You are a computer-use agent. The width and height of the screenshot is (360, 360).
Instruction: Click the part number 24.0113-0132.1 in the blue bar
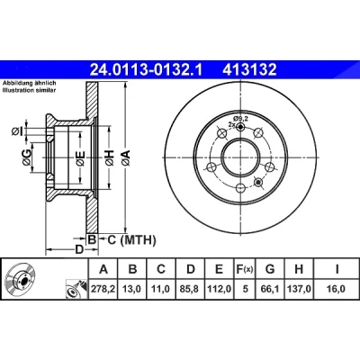point(147,70)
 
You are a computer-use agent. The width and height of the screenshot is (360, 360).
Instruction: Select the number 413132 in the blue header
point(249,70)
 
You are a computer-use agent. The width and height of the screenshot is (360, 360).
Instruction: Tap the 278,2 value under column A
point(103,289)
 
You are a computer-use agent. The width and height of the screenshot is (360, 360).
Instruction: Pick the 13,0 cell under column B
point(132,289)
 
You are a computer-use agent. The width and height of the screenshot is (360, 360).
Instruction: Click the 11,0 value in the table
point(161,289)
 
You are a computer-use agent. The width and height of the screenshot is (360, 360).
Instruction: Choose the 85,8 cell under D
point(190,289)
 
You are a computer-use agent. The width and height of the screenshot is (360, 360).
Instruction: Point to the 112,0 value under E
point(219,289)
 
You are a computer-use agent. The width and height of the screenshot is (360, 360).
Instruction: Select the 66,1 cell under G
point(270,289)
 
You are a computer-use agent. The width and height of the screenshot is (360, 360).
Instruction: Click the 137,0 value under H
point(299,289)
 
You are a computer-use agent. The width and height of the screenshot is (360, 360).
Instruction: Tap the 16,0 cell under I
point(337,289)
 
